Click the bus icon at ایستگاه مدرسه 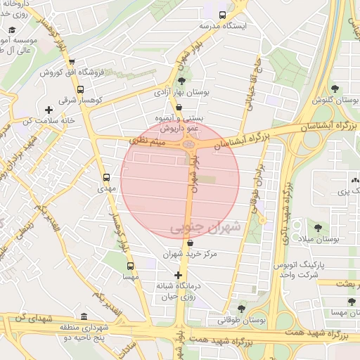[223, 15]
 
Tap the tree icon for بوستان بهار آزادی [181, 82]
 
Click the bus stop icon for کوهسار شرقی [81, 89]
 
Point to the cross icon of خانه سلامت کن [48, 110]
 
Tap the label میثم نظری [146, 142]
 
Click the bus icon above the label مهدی [106, 177]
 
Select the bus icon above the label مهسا [130, 266]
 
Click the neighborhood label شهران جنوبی [205, 227]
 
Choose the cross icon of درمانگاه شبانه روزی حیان [178, 275]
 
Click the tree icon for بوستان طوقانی [241, 308]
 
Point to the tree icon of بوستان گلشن [335, 89]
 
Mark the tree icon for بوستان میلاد [318, 228]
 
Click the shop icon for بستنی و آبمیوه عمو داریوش [180, 108]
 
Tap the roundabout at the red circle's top [189, 145]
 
